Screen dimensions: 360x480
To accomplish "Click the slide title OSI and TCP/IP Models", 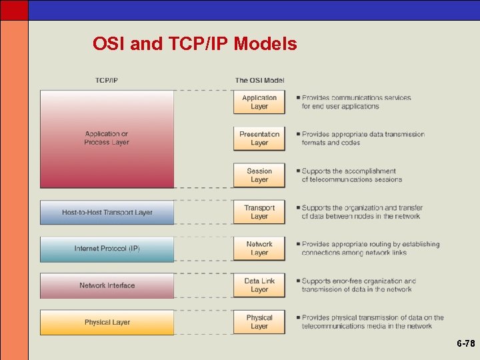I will (x=195, y=45).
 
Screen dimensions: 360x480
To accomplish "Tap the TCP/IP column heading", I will (x=107, y=81).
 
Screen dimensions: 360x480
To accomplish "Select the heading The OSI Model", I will (x=259, y=81).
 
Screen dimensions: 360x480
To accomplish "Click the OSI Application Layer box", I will (x=259, y=102).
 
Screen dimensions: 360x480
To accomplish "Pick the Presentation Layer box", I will (x=259, y=139).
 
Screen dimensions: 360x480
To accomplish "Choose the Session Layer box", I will (x=259, y=175).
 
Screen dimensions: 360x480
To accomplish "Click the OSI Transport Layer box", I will (x=259, y=212).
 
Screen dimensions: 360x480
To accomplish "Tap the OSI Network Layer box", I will (x=259, y=249).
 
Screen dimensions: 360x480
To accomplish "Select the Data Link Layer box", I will (x=259, y=285).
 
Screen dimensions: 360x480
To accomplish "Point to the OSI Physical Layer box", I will (x=259, y=322).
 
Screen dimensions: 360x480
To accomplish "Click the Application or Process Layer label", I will (x=107, y=138).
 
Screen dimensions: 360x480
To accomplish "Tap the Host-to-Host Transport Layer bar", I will (x=107, y=213).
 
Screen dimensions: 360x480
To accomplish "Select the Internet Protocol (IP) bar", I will (x=107, y=249).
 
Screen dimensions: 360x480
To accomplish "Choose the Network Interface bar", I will (x=107, y=285).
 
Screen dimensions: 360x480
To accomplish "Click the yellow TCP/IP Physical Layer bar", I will (x=107, y=323).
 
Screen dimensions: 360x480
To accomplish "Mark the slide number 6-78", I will (x=465, y=344).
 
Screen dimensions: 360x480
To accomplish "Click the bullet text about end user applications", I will (x=356, y=102).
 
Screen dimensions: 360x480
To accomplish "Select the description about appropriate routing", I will (x=370, y=249).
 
